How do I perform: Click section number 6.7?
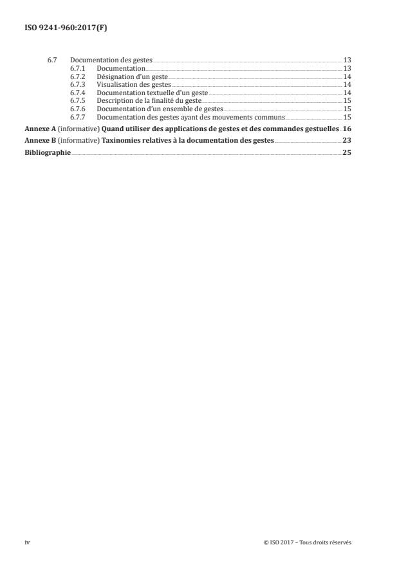point(52,60)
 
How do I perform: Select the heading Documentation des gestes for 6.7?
point(111,60)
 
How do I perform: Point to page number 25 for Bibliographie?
point(348,152)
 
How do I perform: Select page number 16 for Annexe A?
point(348,129)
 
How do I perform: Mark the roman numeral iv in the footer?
point(27,542)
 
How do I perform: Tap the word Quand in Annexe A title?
point(115,129)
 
